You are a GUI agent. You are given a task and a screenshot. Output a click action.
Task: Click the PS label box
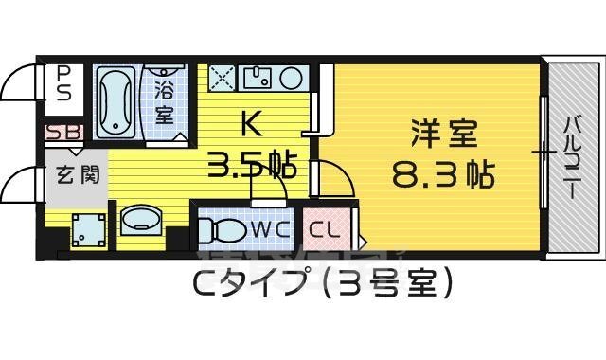pos(63,82)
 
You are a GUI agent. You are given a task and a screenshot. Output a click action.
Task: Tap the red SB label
pos(63,133)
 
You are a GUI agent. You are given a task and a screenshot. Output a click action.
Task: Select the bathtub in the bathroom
pos(118,102)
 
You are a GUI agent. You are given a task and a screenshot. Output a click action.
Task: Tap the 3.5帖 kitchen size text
pos(253,166)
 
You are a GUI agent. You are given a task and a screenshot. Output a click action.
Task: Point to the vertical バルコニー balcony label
pos(573,156)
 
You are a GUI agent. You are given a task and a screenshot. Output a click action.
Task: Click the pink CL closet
pos(322,229)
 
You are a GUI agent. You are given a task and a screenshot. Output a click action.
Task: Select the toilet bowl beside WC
pos(223,230)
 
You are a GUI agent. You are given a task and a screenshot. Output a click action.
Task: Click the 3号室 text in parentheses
pos(383,281)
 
